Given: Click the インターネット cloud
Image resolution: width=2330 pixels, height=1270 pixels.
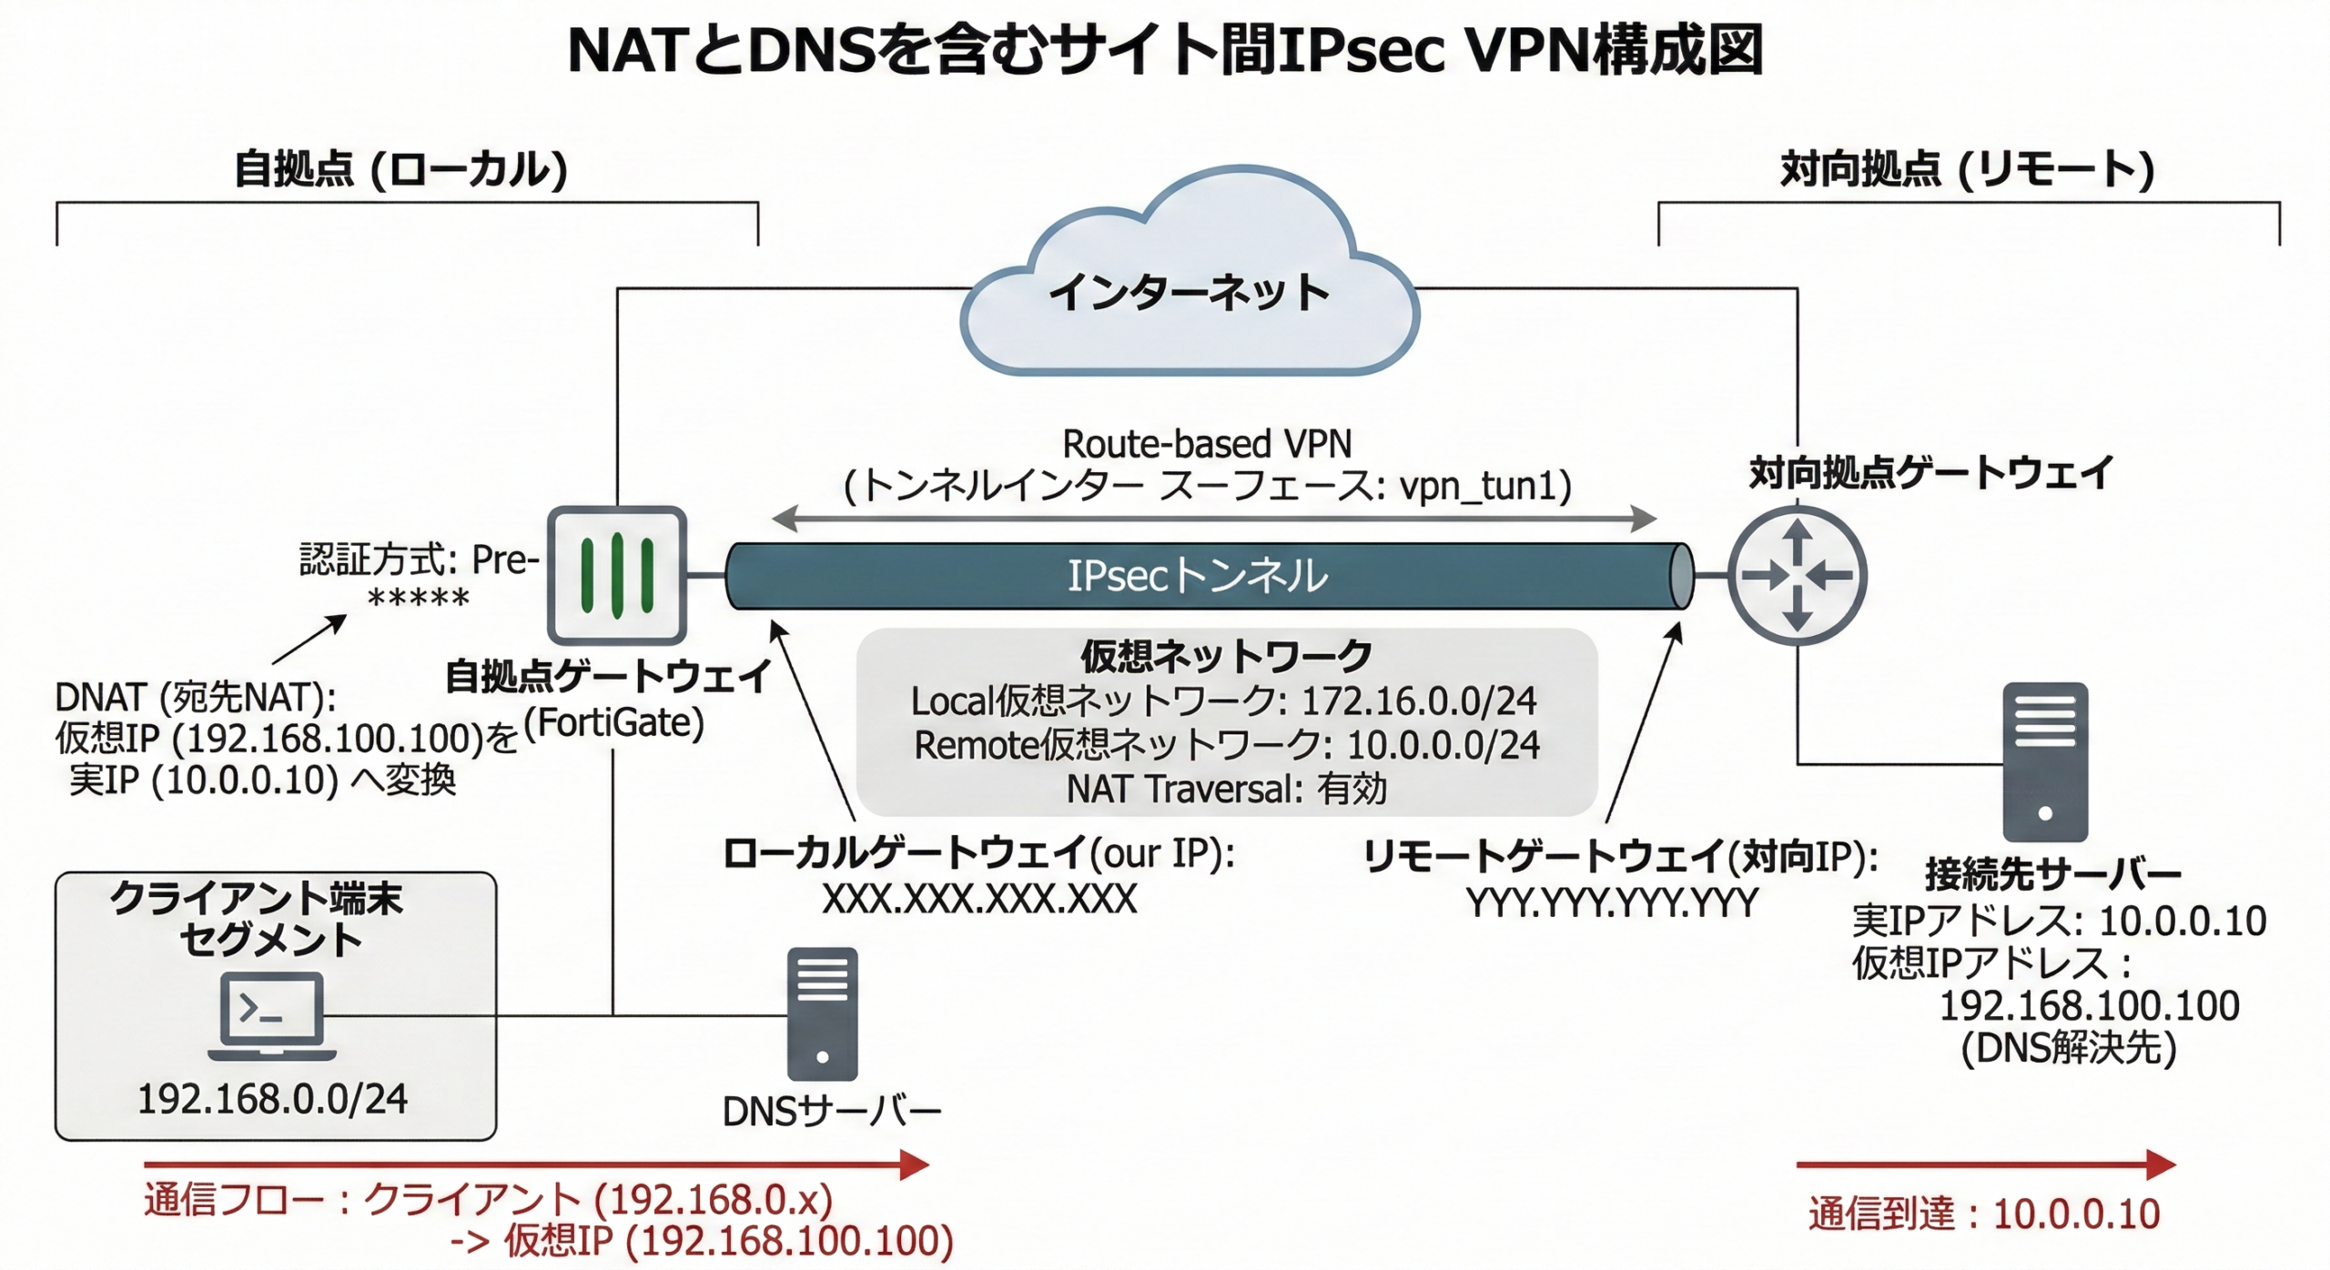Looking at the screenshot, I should point(1189,291).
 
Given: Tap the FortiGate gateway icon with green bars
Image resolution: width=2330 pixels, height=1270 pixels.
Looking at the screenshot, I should point(617,575).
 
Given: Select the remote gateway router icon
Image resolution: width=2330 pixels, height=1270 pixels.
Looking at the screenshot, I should point(1797,575).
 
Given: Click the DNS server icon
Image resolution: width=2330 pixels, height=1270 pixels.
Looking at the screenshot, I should point(822,1013).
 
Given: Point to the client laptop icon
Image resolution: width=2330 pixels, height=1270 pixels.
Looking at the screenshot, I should point(272,1015).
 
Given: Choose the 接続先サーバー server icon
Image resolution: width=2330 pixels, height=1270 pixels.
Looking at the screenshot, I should point(2045,762).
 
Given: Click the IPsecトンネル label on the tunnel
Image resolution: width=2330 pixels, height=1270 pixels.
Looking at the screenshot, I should point(1197,576).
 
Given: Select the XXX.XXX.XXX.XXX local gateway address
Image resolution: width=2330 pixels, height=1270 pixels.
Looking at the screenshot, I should point(979,900).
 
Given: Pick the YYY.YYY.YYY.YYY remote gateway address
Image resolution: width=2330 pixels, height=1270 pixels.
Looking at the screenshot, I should point(1612,903).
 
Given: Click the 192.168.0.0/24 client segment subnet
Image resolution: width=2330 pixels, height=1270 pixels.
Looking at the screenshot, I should point(272,1100).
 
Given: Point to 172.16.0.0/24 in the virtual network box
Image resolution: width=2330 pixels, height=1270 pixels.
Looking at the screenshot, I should point(1419,701).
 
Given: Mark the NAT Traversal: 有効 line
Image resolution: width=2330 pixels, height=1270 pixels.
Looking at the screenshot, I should point(1226,789).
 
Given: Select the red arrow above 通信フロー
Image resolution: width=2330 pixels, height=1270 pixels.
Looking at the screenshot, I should point(536,1164).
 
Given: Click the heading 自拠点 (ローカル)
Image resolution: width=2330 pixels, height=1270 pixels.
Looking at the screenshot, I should point(401,170).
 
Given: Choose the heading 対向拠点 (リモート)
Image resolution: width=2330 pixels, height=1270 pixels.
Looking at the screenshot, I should point(1967,170).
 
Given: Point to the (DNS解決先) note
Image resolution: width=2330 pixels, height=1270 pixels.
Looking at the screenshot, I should point(2069,1049).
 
